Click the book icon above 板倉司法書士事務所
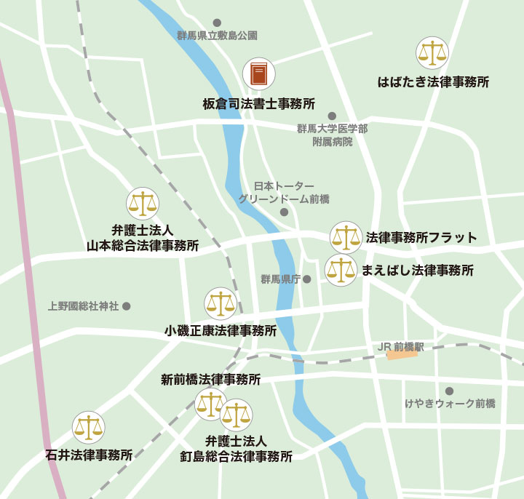pos(259,74)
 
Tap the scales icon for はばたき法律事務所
pos(432,53)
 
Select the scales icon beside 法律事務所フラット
pos(346,237)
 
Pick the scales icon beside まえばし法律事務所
pos(341,271)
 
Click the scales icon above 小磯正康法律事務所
pos(221,303)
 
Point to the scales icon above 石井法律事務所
pos(89,427)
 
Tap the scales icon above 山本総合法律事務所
pos(143,204)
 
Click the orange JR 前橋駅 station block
pos(402,354)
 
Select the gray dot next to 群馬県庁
pos(307,279)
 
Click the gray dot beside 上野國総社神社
pos(126,306)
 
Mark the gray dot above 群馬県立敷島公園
pos(216,23)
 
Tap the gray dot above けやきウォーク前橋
pos(449,391)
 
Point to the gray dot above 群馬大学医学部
pos(332,116)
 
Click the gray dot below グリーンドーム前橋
pos(284,212)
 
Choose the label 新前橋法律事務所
pos(211,379)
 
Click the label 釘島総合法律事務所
pos(237,457)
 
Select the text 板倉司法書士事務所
pos(259,104)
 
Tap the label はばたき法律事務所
pos(433,81)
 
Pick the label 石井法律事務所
pos(89,455)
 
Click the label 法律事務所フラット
pos(421,237)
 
